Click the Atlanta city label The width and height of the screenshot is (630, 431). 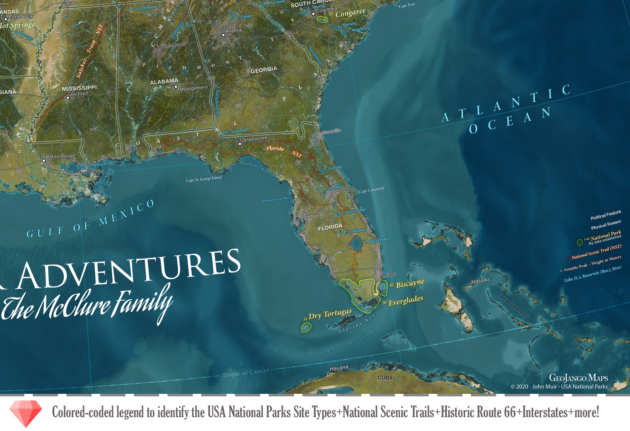(x=233, y=31)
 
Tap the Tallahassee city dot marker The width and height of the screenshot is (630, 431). (x=240, y=144)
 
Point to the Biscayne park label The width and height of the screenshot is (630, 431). (x=410, y=283)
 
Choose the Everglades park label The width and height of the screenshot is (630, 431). (x=405, y=301)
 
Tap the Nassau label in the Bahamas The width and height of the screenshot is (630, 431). (x=480, y=281)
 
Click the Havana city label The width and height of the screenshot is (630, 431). (x=339, y=368)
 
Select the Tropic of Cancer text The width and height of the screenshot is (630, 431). (x=245, y=372)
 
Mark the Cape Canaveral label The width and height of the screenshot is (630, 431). (x=372, y=190)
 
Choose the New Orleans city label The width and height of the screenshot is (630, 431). (x=90, y=172)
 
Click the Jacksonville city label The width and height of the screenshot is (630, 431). (x=329, y=132)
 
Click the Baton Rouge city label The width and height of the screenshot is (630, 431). (x=60, y=156)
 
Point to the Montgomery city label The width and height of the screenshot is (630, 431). (x=193, y=88)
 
